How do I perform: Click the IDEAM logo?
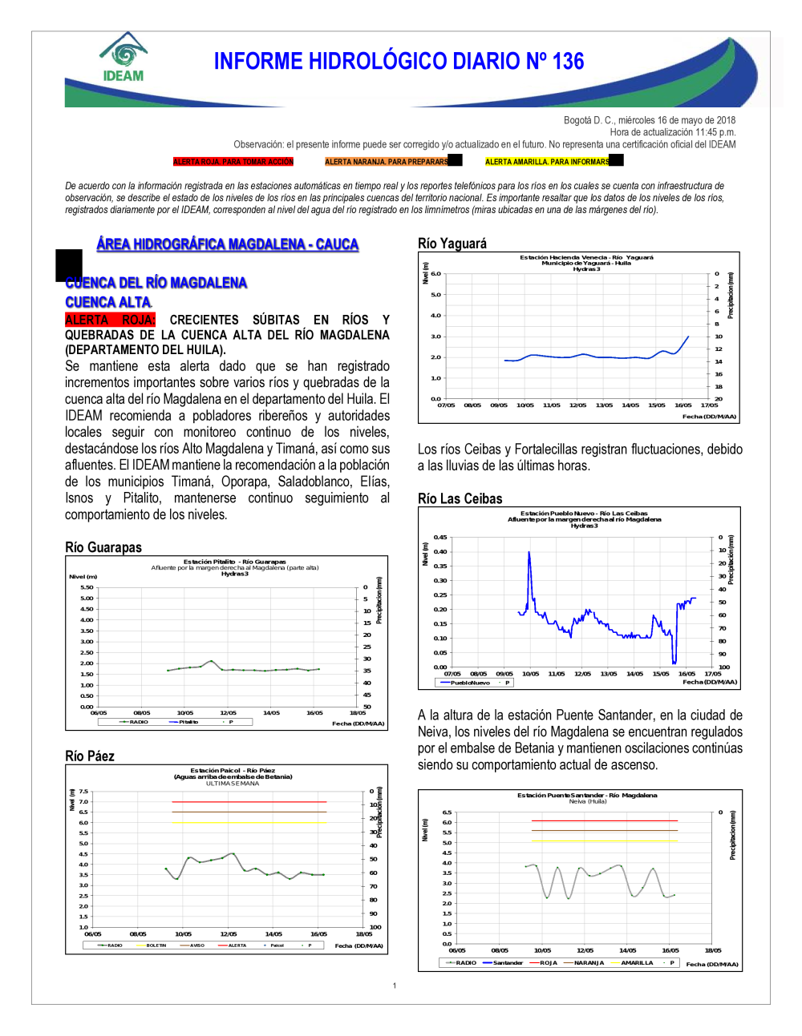point(124,58)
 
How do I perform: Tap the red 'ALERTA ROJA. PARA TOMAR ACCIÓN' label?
point(233,162)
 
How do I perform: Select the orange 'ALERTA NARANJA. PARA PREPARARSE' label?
point(387,162)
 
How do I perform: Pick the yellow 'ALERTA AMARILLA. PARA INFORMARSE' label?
point(547,162)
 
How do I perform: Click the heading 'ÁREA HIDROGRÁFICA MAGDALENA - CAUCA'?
point(227,244)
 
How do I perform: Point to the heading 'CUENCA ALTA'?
point(108,302)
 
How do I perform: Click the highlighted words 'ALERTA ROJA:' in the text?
point(110,320)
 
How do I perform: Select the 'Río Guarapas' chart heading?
point(103,547)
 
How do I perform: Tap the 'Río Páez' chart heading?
point(90,756)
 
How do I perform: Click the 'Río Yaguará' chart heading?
point(452,244)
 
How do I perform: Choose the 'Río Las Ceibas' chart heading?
point(460,498)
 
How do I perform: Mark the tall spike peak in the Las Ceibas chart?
point(529,552)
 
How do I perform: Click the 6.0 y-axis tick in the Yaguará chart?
point(435,274)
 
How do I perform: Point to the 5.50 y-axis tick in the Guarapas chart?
point(87,587)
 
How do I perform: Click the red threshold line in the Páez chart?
point(249,801)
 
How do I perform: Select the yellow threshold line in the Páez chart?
point(249,822)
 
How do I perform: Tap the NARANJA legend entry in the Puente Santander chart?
point(588,962)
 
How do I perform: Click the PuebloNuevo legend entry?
point(469,683)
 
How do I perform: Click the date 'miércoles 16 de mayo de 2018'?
point(677,120)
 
